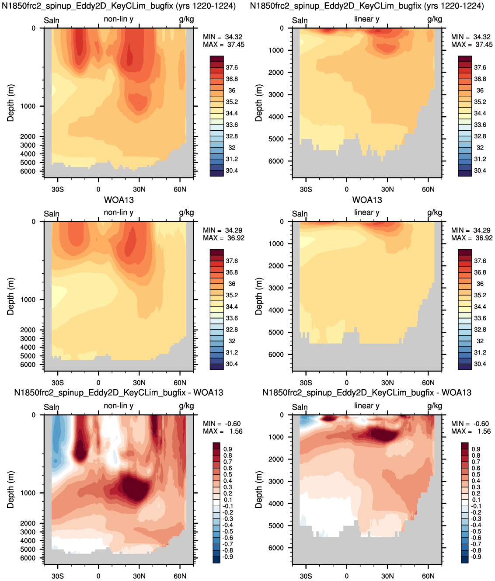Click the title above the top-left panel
point(119,6)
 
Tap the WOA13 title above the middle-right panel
point(367,200)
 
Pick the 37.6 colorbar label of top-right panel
point(480,68)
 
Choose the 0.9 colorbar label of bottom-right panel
point(476,449)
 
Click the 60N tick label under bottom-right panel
point(428,576)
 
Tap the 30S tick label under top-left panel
point(57,189)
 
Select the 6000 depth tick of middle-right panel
point(276,355)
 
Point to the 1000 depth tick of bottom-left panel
point(28,493)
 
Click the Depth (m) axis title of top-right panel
point(259,103)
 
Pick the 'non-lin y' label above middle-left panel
point(119,212)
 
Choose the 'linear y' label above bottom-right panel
point(367,406)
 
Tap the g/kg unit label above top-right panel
point(435,19)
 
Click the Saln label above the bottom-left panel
point(52,407)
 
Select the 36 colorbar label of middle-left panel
point(232,284)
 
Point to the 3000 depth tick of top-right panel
point(276,94)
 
